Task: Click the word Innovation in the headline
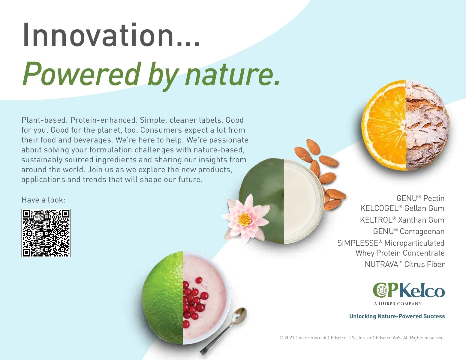point(98,35)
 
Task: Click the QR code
point(46,233)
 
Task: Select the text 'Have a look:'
point(43,200)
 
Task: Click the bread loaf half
point(427,125)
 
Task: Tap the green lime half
point(162,298)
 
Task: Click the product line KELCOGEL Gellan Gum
point(402,208)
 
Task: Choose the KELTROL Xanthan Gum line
point(402,220)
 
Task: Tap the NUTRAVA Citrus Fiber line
point(405,264)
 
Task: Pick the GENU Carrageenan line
point(409,231)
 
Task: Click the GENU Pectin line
point(420,198)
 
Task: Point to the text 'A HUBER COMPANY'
point(398,304)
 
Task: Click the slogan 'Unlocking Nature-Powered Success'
point(397,316)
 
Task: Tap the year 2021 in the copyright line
point(289,338)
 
